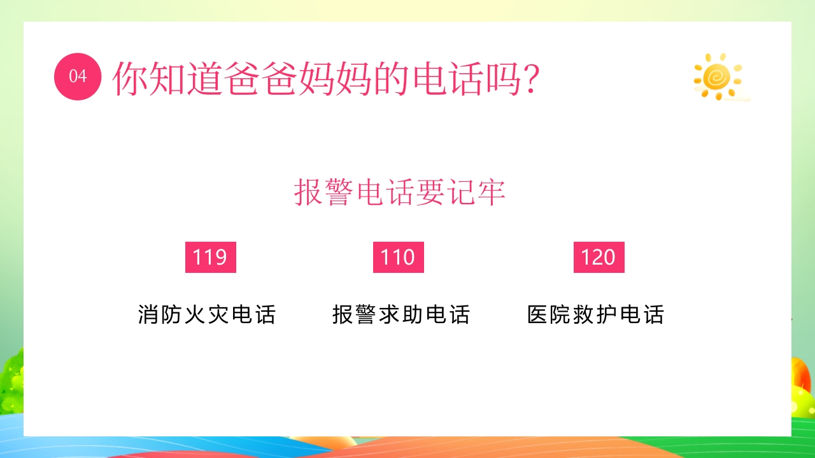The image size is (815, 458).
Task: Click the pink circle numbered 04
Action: point(78,76)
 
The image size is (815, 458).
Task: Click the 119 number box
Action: point(210,257)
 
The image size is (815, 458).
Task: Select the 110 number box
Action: point(398,257)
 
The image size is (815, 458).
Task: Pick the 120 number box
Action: point(599,257)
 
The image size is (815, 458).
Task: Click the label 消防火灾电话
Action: point(207,315)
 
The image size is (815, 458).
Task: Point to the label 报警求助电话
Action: point(401,315)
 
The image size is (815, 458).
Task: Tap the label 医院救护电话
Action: point(596,315)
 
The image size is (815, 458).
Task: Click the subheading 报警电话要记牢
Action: point(400,192)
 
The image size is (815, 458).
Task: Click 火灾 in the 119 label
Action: point(207,315)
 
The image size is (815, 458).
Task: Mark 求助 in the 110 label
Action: point(401,315)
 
